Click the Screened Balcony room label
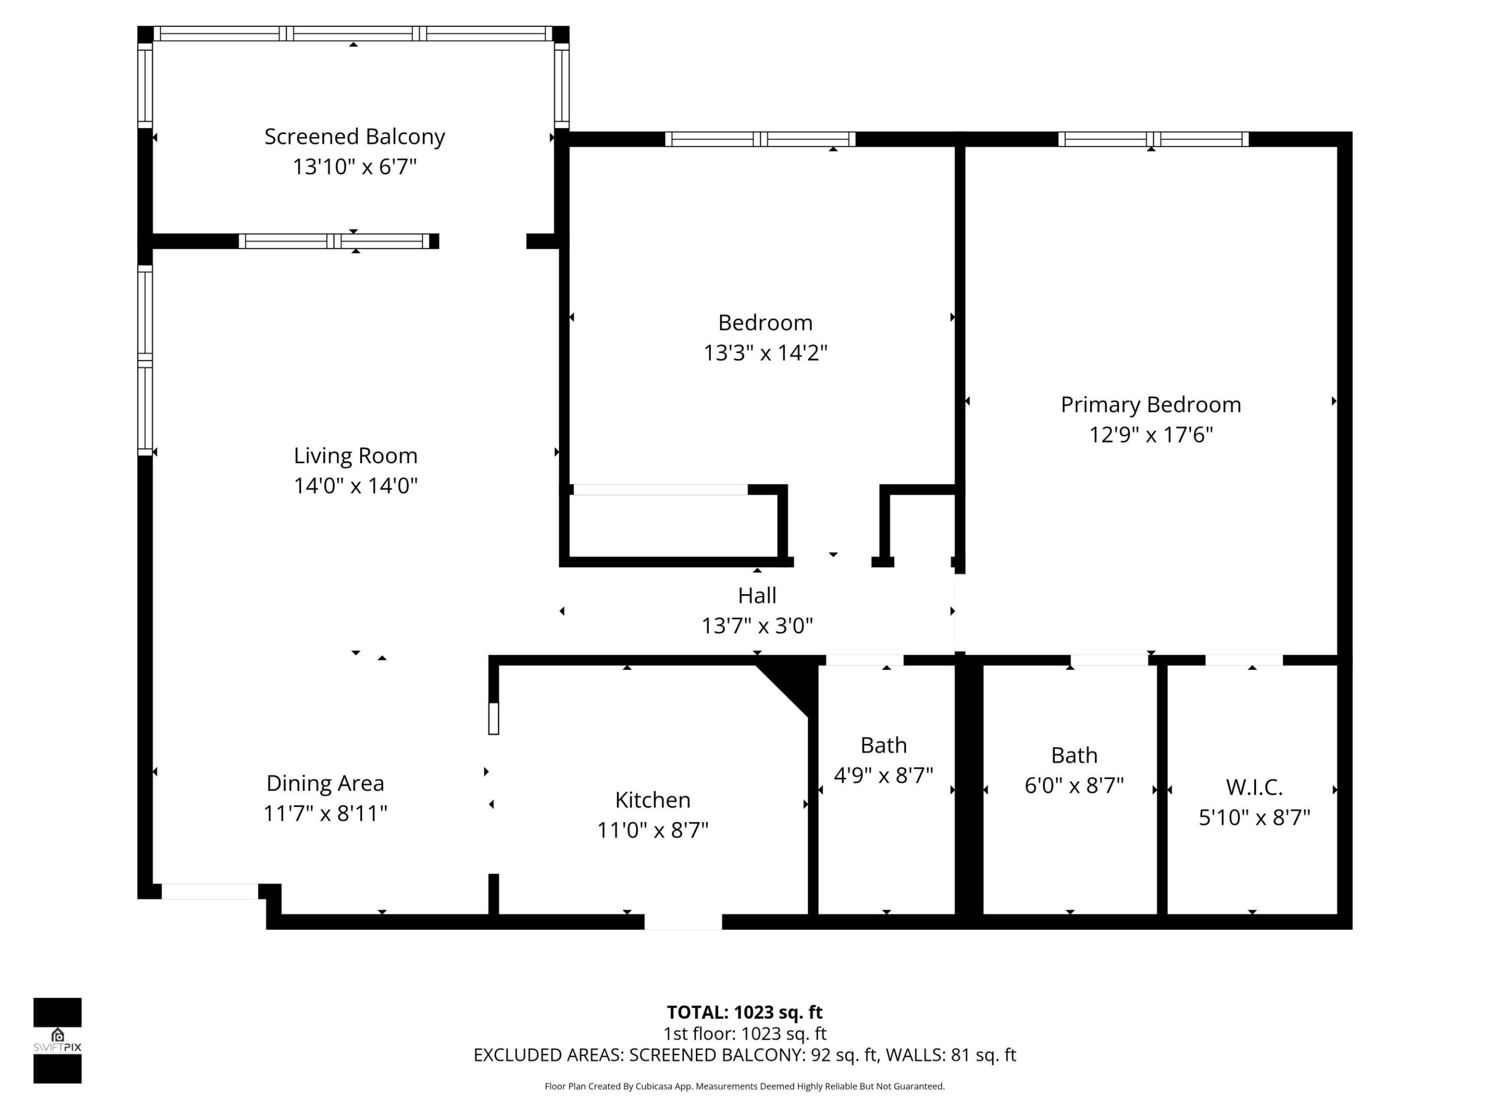(x=354, y=137)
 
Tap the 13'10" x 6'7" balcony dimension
(x=354, y=167)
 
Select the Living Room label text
(x=355, y=456)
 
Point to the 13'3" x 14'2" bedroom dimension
(x=765, y=353)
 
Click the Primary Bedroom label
(x=1151, y=404)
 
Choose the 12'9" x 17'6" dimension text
(x=1151, y=435)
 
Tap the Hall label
(x=757, y=596)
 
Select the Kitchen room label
(x=653, y=800)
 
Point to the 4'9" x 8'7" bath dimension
(x=883, y=776)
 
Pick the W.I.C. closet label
(x=1254, y=787)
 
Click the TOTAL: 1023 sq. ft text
(x=744, y=1013)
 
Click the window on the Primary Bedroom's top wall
(x=1153, y=140)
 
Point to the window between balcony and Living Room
(x=334, y=241)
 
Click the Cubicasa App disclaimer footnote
(x=744, y=1086)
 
